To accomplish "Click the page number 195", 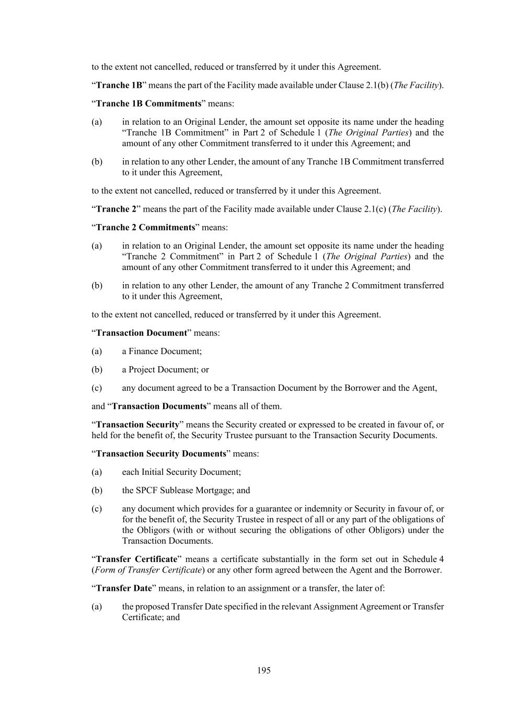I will click(263, 670).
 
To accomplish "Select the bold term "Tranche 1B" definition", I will click(119, 85).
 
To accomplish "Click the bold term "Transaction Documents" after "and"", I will click(159, 406).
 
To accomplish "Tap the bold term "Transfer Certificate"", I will click(137, 559).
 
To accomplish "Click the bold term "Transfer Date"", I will click(124, 588).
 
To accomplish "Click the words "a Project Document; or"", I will click(165, 369).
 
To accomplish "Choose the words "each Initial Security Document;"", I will click(181, 472).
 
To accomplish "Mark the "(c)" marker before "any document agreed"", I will click(97, 388).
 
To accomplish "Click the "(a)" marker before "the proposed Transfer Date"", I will click(97, 606).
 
